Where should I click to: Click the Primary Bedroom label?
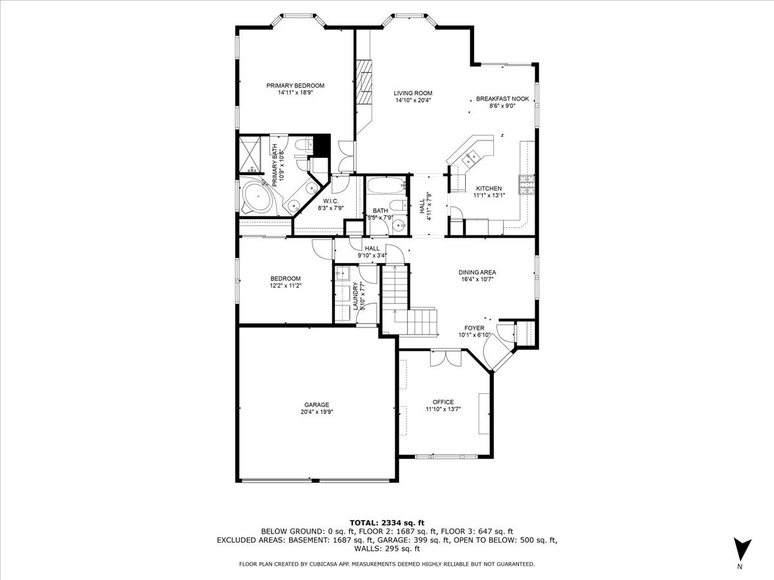tap(295, 85)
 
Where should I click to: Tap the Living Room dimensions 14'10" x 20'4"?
tap(413, 100)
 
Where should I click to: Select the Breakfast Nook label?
tap(502, 99)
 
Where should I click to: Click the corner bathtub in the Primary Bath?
tap(257, 198)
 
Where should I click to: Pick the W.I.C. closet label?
tap(332, 201)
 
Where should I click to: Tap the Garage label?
tap(317, 405)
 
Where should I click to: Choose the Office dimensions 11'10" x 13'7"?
tap(442, 409)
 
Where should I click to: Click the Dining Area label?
tap(477, 272)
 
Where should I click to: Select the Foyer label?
tap(475, 328)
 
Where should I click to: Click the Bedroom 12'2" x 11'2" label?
tap(285, 278)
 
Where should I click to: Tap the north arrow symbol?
tap(742, 550)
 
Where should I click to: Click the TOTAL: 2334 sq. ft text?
tap(386, 523)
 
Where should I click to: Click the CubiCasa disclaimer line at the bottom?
tap(386, 564)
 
